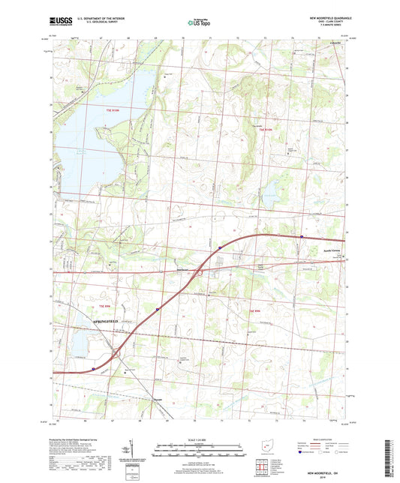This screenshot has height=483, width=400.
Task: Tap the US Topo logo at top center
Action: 195,23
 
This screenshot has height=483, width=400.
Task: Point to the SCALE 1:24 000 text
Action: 199,440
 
